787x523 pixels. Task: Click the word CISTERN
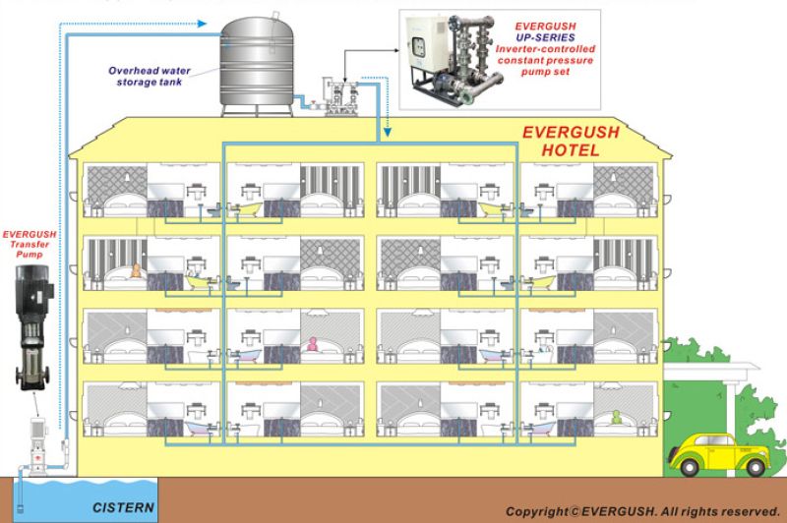[x=123, y=507]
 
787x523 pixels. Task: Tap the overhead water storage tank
[x=257, y=65]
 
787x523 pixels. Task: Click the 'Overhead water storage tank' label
[x=150, y=77]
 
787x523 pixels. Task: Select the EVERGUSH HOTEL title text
[x=571, y=141]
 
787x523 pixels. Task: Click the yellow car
[x=719, y=454]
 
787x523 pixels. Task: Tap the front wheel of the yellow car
[x=689, y=467]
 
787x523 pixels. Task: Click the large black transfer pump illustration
[x=33, y=327]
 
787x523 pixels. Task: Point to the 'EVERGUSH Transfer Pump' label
[x=30, y=244]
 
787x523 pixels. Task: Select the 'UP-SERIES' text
[x=546, y=37]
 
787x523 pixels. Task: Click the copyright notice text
[x=642, y=511]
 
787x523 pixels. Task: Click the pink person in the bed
[x=313, y=344]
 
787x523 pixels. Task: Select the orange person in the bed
[x=135, y=270]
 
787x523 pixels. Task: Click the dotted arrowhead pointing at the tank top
[x=202, y=24]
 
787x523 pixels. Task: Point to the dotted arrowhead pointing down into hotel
[x=388, y=132]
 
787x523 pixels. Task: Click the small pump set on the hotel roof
[x=340, y=96]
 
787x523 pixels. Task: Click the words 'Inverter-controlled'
[x=545, y=49]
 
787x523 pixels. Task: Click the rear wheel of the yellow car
[x=755, y=467]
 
